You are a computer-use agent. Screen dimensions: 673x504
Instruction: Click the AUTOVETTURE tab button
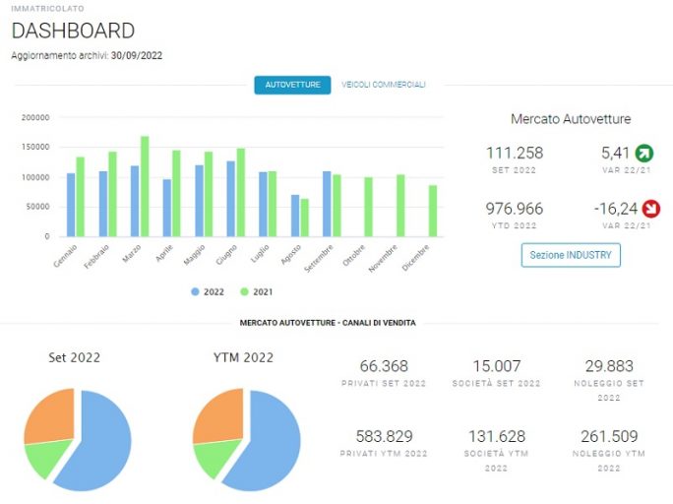coord(292,85)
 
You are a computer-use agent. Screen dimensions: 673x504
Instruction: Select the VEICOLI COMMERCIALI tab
coord(384,85)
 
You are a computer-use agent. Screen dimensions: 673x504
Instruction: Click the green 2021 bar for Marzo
coord(145,186)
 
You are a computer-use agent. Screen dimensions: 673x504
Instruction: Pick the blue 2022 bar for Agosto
coord(295,216)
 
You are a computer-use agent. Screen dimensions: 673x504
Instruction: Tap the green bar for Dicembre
coord(433,211)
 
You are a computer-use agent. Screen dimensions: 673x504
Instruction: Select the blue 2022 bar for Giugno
coord(231,199)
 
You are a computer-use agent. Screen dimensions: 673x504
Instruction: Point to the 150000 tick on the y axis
coord(35,147)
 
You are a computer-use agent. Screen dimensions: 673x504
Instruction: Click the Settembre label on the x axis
coord(319,259)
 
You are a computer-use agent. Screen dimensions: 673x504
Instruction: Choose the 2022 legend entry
coord(208,292)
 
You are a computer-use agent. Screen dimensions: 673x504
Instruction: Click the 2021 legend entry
coord(257,292)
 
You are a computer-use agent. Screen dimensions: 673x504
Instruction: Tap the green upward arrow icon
coord(644,153)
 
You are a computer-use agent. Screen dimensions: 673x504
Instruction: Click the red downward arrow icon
coord(650,209)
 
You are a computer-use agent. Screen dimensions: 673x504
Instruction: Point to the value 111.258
coord(515,153)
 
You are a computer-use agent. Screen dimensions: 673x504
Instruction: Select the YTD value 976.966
coord(515,209)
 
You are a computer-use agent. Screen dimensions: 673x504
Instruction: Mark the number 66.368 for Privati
coord(384,366)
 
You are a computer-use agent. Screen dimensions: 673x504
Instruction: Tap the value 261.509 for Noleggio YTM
coord(609,436)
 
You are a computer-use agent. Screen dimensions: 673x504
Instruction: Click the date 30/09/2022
coord(137,55)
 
